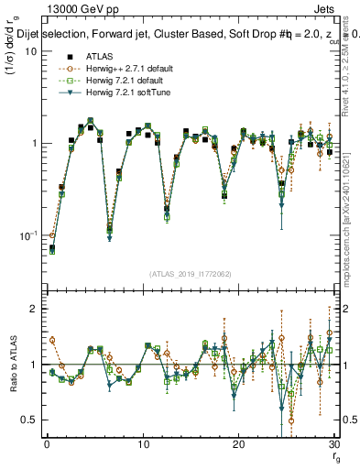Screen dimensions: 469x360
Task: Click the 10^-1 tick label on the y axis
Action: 27,236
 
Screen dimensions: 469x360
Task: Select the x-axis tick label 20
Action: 238,443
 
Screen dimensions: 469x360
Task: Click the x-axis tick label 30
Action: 333,443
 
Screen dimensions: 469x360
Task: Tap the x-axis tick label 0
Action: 47,443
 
